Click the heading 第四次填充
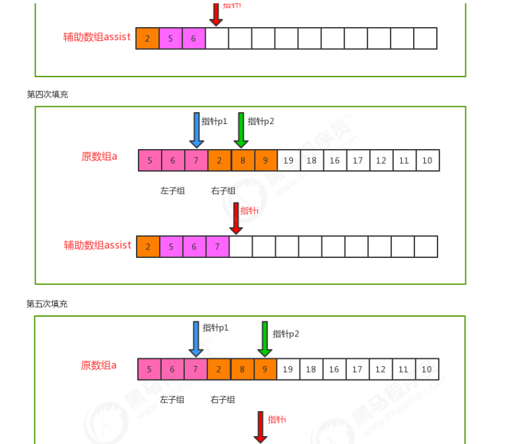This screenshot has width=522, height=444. [47, 94]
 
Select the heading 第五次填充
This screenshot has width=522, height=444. [47, 303]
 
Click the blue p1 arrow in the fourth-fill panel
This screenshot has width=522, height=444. [196, 130]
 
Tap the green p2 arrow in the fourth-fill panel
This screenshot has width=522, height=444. [241, 130]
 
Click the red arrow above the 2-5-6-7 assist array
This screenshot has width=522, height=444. [236, 218]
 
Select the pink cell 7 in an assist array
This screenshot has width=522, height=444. [218, 247]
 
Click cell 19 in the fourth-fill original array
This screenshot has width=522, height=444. [288, 160]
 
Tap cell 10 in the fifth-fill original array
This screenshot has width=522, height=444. [427, 369]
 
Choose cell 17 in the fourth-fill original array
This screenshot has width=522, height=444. [358, 160]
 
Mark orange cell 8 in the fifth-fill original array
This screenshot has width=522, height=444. [242, 369]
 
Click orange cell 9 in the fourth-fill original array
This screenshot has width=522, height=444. [265, 160]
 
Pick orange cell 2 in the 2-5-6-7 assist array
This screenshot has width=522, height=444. [148, 247]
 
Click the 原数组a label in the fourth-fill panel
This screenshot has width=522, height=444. [99, 157]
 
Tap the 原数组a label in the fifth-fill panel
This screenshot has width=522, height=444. [99, 365]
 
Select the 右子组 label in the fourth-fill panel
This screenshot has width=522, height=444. [223, 191]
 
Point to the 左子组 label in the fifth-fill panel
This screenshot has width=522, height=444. [172, 400]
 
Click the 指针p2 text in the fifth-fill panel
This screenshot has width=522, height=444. [286, 334]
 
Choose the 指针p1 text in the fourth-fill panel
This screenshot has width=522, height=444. [214, 121]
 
